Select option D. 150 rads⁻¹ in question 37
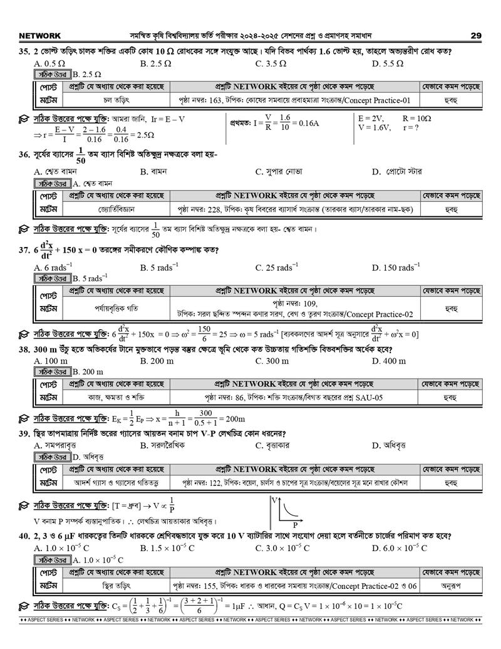(400, 268)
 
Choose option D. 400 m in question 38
(389, 361)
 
